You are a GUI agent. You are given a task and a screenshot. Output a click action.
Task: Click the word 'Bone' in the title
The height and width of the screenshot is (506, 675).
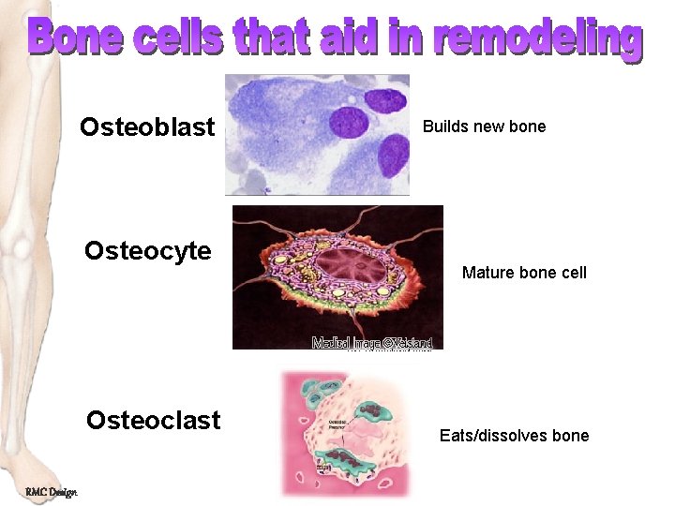(x=76, y=38)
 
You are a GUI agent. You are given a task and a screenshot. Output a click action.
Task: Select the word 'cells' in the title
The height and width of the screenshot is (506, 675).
(x=178, y=38)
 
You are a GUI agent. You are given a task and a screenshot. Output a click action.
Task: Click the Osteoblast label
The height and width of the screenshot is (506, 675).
(x=147, y=127)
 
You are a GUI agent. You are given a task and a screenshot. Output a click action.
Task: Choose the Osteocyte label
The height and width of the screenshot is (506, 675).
(x=147, y=251)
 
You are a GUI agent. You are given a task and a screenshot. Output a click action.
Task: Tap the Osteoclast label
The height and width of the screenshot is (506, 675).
(x=153, y=420)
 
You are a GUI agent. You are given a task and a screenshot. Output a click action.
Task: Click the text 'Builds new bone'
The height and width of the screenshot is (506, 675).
(x=484, y=126)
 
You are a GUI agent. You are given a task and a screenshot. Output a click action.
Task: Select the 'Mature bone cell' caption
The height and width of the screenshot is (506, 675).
(x=524, y=273)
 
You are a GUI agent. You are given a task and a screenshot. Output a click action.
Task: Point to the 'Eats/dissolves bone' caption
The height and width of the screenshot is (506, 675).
(x=514, y=436)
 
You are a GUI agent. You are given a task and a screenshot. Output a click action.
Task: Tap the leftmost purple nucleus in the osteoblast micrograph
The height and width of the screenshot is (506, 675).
(x=349, y=122)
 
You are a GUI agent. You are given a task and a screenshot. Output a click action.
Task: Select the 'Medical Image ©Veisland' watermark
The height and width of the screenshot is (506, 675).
(x=372, y=343)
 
